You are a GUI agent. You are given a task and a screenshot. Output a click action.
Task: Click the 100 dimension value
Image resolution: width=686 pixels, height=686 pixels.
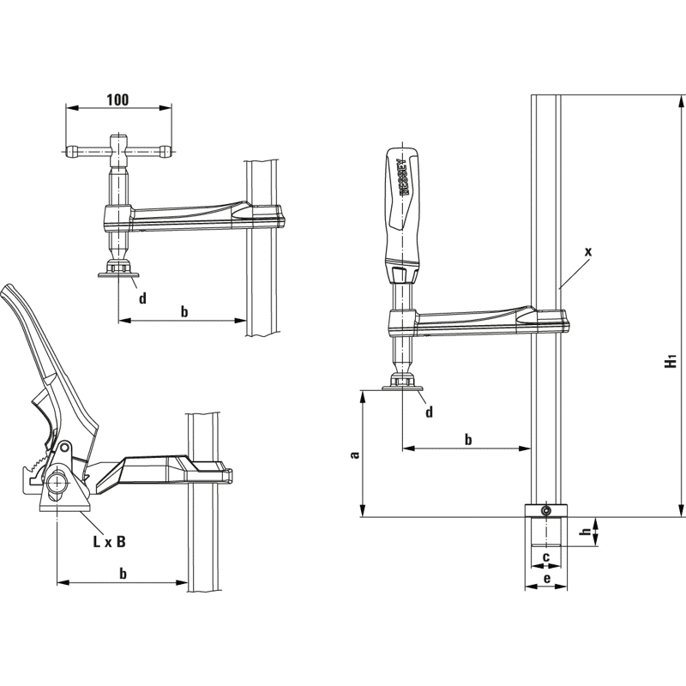point(117,99)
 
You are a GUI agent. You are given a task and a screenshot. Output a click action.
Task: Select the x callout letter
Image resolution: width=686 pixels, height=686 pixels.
point(588,251)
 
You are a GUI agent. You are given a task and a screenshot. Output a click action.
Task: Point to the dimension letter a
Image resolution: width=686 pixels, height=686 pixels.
point(355,455)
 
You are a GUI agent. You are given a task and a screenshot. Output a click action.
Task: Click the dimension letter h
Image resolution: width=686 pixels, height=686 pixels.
point(587,532)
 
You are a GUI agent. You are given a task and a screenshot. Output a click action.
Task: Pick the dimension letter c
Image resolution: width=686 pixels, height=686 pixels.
point(545,557)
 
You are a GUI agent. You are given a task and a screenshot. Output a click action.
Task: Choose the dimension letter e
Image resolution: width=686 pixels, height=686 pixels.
point(546,579)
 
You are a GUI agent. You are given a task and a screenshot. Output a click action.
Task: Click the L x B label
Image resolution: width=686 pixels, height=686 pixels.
point(110,542)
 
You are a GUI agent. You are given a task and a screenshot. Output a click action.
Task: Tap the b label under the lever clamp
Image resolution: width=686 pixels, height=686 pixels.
point(123,574)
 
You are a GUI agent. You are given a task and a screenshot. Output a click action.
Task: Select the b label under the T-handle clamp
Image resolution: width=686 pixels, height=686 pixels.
point(184,311)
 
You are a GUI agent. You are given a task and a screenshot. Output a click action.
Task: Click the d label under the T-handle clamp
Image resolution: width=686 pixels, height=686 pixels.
point(142,298)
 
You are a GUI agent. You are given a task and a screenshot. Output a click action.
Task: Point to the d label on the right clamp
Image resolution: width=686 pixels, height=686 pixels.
point(430,412)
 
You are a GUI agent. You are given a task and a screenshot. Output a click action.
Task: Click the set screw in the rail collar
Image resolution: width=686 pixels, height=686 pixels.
point(545,510)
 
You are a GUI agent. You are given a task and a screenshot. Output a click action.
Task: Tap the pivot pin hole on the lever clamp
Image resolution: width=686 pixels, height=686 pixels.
point(66,447)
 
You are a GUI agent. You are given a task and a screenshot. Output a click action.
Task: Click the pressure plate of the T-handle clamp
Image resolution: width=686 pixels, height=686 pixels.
point(118,274)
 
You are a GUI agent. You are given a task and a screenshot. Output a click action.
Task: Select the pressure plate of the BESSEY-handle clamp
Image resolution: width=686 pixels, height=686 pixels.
point(402,388)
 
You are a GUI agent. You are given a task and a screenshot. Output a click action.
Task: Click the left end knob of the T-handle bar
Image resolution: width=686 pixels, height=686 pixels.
point(71,153)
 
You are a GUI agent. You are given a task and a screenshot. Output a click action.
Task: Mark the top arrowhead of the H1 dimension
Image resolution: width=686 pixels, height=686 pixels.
point(680,101)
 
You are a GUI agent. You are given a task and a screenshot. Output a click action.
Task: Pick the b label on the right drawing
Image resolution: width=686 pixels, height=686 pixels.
point(468,439)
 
